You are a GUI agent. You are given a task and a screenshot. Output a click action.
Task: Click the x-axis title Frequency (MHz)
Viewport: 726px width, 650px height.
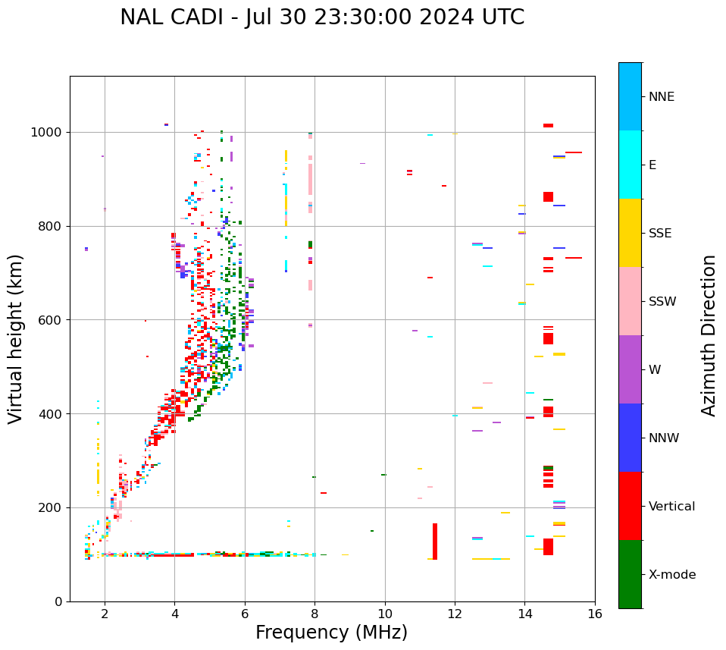pyautogui.click(x=331, y=633)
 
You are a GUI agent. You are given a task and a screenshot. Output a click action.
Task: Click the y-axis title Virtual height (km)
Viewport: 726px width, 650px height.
pyautogui.click(x=16, y=338)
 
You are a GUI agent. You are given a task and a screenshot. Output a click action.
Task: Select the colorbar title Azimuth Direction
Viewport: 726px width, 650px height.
pyautogui.click(x=709, y=335)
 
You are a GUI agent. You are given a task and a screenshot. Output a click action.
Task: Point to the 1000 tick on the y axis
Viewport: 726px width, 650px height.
pyautogui.click(x=51, y=133)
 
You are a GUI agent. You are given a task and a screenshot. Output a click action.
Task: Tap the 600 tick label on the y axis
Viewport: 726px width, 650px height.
pyautogui.click(x=51, y=320)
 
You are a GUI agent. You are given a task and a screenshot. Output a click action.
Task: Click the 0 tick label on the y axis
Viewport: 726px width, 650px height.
pyautogui.click(x=58, y=601)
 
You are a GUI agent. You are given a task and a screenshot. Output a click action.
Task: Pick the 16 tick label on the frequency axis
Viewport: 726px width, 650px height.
pyautogui.click(x=595, y=614)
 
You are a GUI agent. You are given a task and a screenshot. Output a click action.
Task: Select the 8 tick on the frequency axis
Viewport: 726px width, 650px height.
pyautogui.click(x=314, y=614)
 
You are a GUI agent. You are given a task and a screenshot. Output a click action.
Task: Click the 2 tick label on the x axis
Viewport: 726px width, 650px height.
pyautogui.click(x=105, y=614)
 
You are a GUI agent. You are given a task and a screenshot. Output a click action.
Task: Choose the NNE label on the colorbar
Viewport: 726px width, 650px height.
pyautogui.click(x=662, y=96)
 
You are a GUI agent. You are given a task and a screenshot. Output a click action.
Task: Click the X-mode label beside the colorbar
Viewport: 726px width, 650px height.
pyautogui.click(x=672, y=575)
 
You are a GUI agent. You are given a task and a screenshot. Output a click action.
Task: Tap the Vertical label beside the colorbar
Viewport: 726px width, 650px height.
pyautogui.click(x=672, y=507)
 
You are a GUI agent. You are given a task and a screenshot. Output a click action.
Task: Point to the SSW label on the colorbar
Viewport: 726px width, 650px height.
pyautogui.click(x=662, y=302)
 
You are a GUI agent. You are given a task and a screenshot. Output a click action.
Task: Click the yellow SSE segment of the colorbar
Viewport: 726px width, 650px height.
pyautogui.click(x=630, y=233)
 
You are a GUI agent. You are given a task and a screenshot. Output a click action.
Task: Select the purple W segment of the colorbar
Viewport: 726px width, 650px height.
pyautogui.click(x=630, y=369)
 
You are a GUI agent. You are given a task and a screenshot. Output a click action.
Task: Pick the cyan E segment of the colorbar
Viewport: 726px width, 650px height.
pyautogui.click(x=630, y=165)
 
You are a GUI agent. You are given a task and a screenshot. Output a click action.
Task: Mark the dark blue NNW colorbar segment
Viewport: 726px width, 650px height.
pyautogui.click(x=630, y=438)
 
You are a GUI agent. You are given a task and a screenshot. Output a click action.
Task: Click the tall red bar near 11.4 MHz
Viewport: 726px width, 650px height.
pyautogui.click(x=435, y=542)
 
